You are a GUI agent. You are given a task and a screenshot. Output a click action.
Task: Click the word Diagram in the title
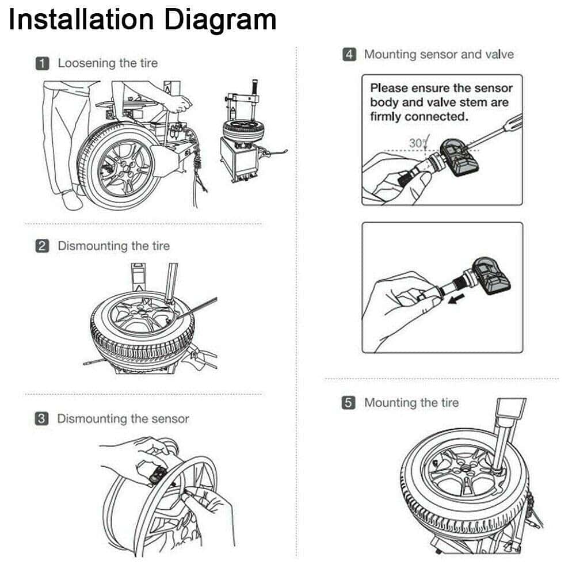pos(220,21)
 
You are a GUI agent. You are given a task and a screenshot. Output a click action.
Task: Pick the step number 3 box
pos(42,419)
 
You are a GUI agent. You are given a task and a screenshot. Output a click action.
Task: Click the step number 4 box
pos(349,55)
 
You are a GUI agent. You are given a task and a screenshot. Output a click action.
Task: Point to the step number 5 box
pos(349,403)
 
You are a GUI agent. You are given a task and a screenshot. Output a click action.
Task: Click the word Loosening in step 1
pos(86,63)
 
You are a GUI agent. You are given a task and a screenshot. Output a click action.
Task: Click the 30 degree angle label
pos(416,142)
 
